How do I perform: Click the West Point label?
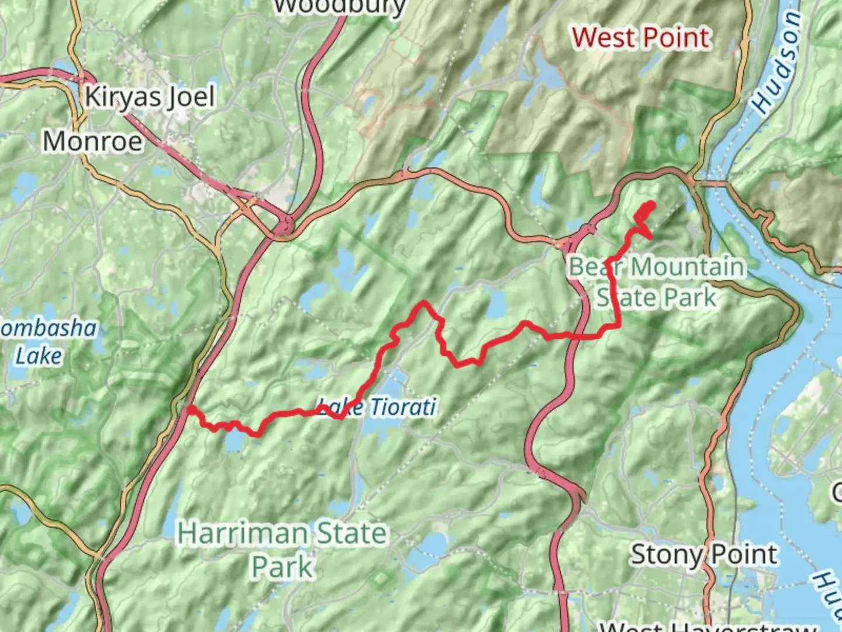click(x=641, y=39)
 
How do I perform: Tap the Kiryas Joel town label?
click(x=150, y=97)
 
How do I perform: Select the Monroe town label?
click(x=92, y=142)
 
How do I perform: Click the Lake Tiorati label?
click(x=377, y=407)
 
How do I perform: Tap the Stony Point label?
click(x=704, y=554)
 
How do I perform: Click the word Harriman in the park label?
click(x=243, y=533)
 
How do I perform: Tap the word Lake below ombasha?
click(x=39, y=356)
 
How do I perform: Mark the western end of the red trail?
click(x=189, y=410)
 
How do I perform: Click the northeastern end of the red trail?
click(x=650, y=204)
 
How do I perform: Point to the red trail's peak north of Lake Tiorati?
click(x=423, y=303)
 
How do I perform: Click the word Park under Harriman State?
click(x=282, y=567)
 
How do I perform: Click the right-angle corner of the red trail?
click(x=618, y=327)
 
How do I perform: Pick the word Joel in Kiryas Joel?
click(x=191, y=97)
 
